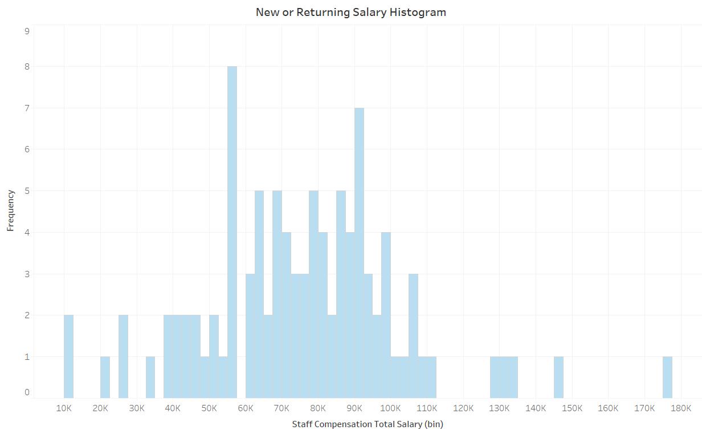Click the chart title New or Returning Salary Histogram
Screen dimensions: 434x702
tap(350, 12)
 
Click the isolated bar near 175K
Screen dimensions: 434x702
tap(667, 377)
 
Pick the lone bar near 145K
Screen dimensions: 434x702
tap(558, 377)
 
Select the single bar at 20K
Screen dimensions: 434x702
tap(105, 377)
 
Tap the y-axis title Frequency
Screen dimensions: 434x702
tap(10, 210)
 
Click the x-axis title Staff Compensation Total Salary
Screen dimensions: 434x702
tap(368, 424)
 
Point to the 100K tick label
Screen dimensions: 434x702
tap(390, 408)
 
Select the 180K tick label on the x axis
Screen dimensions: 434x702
tap(681, 408)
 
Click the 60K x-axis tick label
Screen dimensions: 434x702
tap(246, 408)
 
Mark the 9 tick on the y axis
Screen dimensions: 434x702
tap(27, 31)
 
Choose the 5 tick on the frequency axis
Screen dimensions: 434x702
tap(27, 190)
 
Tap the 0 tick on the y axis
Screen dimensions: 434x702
tap(27, 392)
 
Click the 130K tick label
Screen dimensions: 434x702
tap(500, 408)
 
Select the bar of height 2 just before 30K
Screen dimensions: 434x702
tap(123, 356)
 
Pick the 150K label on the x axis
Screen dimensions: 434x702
tap(572, 408)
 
